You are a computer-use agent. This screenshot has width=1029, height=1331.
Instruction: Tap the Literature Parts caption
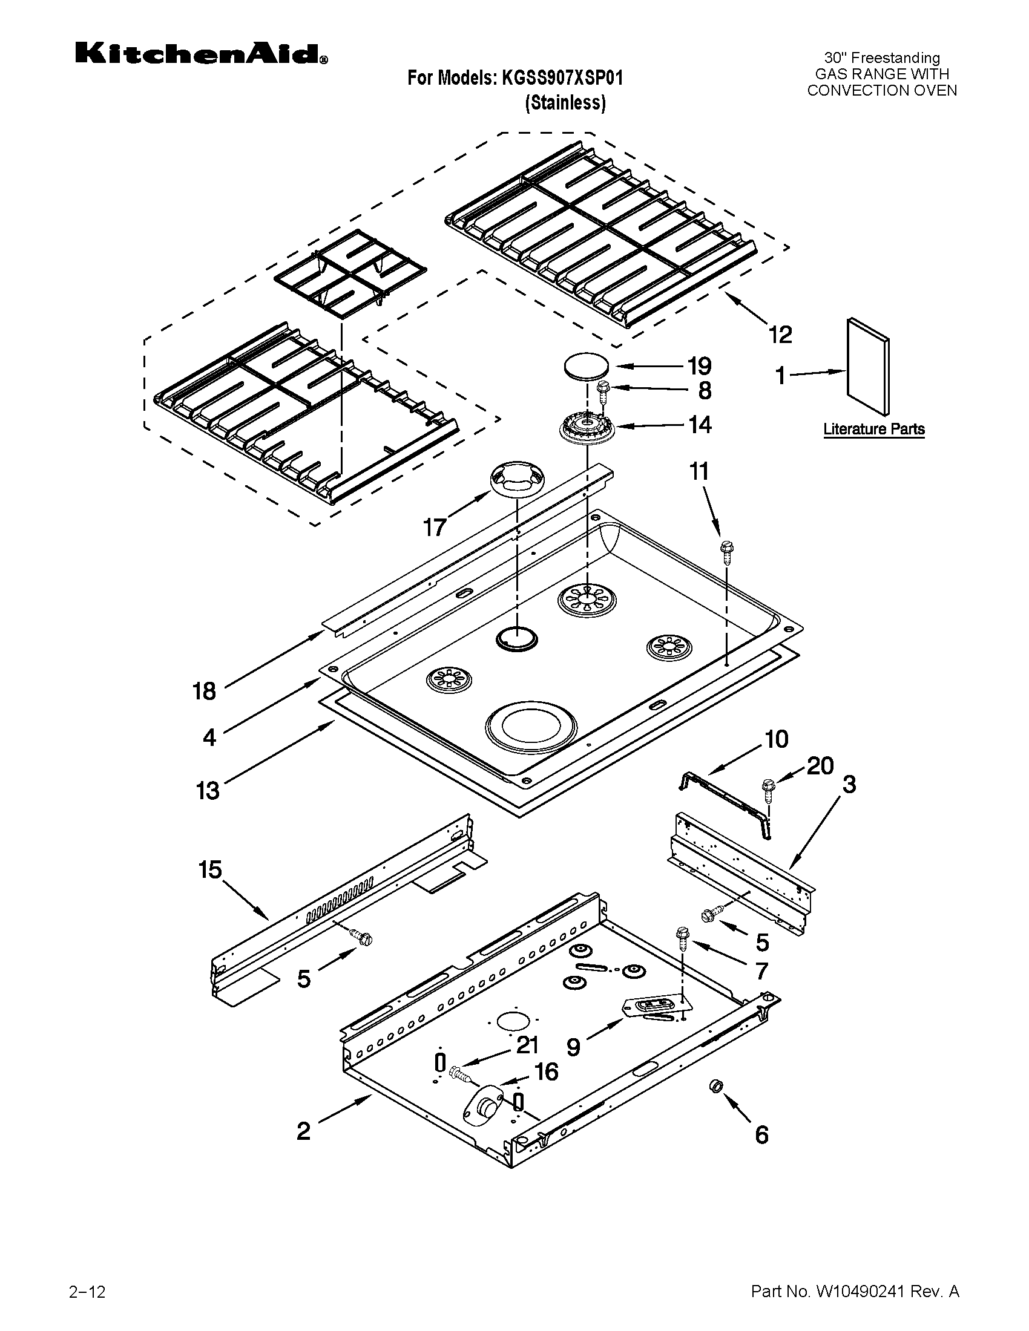pos(873,429)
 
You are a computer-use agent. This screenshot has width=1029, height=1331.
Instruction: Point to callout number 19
pos(699,366)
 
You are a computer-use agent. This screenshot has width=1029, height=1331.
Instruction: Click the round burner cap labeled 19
pos(586,367)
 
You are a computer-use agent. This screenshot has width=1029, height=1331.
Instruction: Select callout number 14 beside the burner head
pos(700,425)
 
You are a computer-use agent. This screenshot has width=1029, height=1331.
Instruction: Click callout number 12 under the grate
pos(780,335)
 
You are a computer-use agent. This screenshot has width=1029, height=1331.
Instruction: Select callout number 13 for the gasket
pos(207,791)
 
